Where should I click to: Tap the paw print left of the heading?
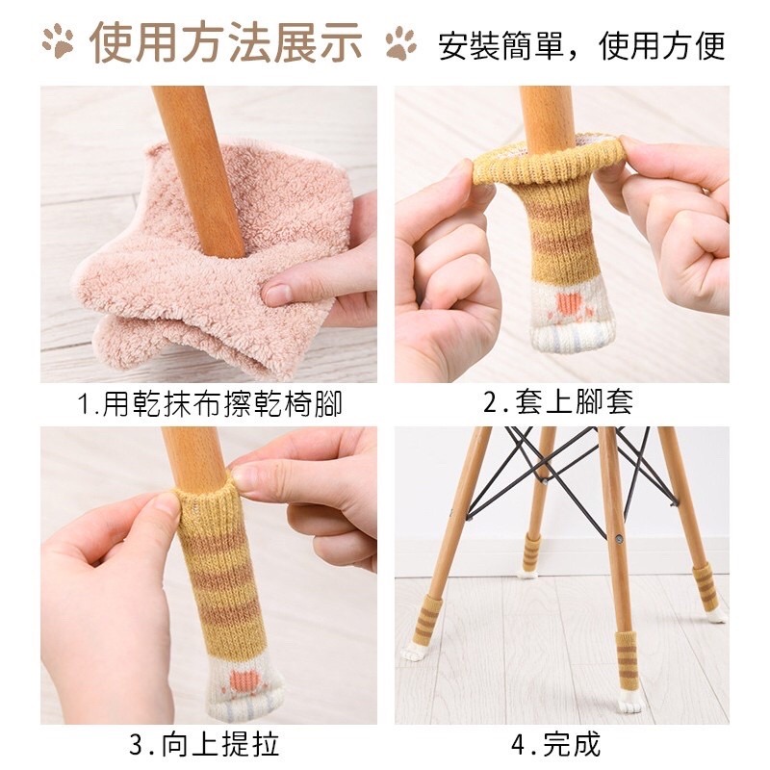coord(58,40)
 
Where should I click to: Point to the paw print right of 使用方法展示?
coord(400,43)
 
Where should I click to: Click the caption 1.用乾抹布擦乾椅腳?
coord(210,403)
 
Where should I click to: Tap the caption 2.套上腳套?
coord(559,401)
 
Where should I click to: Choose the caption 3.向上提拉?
coord(205,744)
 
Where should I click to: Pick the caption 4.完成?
coord(556,744)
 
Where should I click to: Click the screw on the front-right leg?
coord(619,538)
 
